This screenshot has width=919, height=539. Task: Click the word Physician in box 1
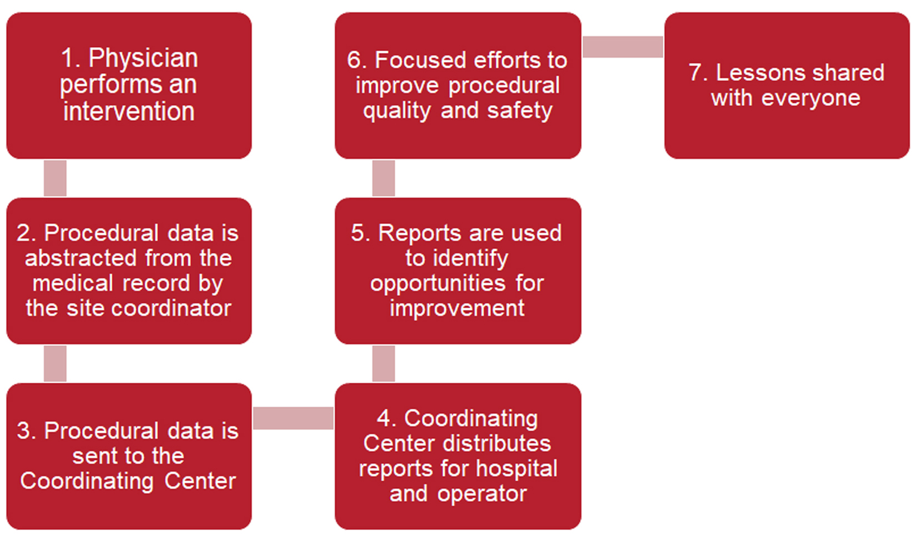tap(143, 58)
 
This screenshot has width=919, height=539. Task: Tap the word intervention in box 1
tap(128, 111)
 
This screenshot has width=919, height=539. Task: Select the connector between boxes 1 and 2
tap(55, 178)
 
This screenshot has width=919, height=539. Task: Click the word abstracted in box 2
tap(81, 258)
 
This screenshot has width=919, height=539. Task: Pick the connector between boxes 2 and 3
tap(55, 363)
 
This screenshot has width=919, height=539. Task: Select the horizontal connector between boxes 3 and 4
tap(293, 418)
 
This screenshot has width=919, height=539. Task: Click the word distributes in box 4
tap(495, 444)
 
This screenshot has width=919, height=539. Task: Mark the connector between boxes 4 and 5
tap(384, 363)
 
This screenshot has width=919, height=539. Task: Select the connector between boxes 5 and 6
tap(384, 178)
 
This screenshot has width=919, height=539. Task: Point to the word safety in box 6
tap(519, 111)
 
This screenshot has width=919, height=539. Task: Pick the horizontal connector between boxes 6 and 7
tap(623, 47)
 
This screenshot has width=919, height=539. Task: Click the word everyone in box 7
tap(811, 98)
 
